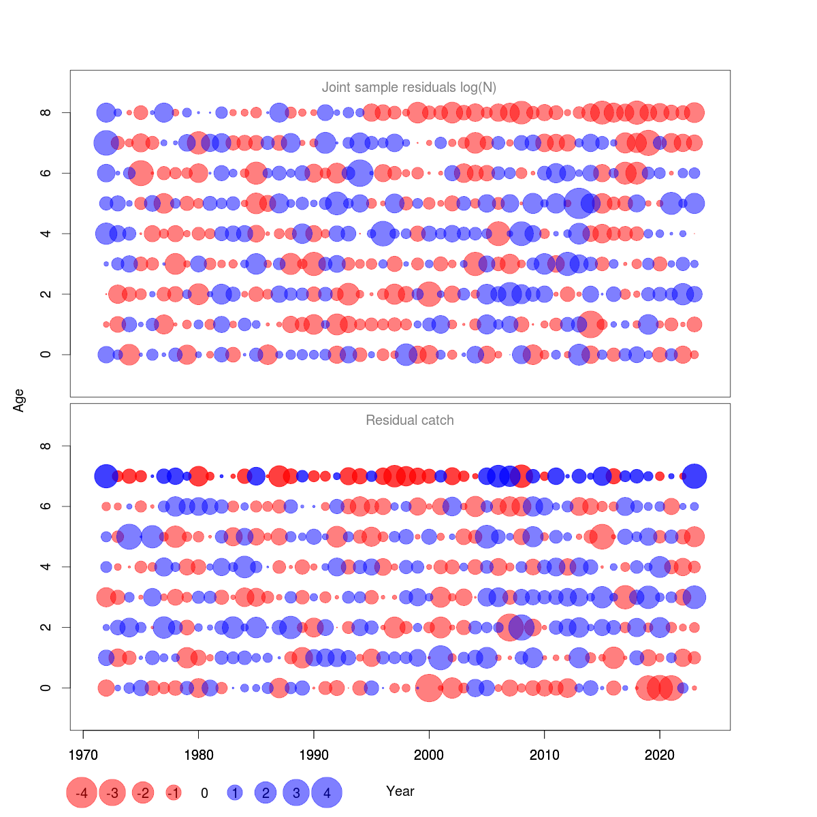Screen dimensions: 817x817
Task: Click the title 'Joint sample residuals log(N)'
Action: (408, 87)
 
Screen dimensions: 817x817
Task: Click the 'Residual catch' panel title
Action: (409, 420)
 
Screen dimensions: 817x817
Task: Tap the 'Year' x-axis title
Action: (400, 791)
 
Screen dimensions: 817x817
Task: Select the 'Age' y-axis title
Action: (19, 400)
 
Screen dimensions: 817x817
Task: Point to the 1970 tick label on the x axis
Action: (83, 754)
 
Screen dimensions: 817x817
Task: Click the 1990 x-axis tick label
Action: (314, 754)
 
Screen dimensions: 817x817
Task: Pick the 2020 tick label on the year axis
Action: (660, 754)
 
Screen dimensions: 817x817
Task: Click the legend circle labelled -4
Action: (81, 792)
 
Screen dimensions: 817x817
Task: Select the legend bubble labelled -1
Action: (174, 792)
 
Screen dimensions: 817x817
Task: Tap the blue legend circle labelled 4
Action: (327, 792)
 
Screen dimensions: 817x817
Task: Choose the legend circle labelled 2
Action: (266, 792)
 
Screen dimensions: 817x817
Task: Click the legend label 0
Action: (204, 792)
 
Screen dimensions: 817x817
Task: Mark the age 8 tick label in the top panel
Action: (46, 112)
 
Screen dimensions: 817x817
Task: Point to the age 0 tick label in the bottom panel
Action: (46, 688)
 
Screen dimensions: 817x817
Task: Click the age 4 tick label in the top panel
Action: (46, 234)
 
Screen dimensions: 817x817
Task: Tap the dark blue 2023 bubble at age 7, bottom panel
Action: (694, 476)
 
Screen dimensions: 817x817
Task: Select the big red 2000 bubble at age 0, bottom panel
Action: (429, 688)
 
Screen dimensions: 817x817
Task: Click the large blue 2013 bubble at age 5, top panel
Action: (579, 203)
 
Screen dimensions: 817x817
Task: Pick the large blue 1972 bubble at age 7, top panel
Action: (106, 143)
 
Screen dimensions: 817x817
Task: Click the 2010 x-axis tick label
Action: (545, 754)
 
